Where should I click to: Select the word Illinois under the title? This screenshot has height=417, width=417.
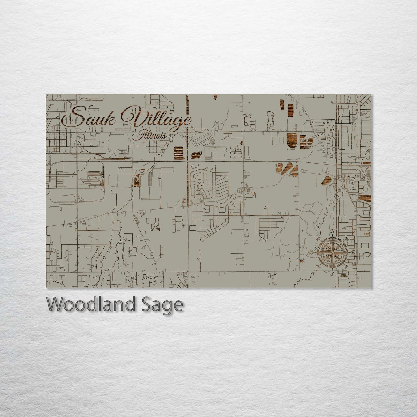[152, 135]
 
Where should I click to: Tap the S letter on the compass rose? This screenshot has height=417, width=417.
[332, 273]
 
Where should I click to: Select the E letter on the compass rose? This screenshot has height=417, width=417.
[353, 252]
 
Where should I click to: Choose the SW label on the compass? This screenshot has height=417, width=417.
[319, 266]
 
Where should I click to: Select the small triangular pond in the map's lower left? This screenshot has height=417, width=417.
[158, 229]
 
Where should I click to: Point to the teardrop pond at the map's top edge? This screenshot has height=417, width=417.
[215, 98]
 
